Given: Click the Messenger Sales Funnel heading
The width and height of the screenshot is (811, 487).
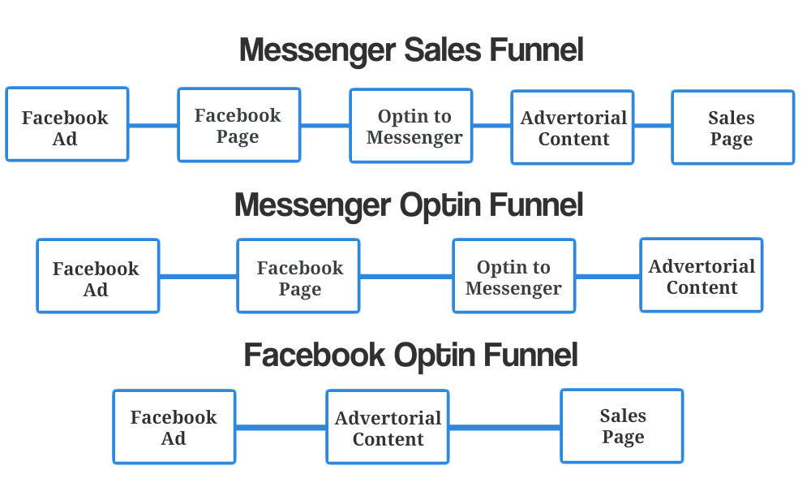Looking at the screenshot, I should (411, 50).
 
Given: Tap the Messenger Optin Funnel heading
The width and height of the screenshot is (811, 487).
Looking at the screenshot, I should (409, 205).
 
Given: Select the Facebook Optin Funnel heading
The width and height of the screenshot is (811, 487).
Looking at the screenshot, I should (411, 355).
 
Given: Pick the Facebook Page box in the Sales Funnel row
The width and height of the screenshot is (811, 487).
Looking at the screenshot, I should (238, 125).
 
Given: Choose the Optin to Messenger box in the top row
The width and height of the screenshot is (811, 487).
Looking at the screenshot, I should (411, 126).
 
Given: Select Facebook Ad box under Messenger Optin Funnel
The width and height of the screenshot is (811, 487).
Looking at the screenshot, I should (97, 277).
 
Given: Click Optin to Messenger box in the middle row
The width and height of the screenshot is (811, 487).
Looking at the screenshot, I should (513, 276).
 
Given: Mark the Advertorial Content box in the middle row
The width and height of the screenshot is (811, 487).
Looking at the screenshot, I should (702, 275).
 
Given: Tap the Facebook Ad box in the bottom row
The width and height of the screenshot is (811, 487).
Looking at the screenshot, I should (174, 427).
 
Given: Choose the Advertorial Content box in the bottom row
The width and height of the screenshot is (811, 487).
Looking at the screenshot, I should (388, 427).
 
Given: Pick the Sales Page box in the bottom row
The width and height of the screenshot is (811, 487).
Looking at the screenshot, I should (622, 426).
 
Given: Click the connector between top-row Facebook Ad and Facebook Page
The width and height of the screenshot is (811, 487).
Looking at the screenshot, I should (153, 126).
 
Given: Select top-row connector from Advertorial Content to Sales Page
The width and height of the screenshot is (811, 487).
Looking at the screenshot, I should (653, 126).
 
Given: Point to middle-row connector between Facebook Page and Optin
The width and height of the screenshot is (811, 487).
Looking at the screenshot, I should (405, 277).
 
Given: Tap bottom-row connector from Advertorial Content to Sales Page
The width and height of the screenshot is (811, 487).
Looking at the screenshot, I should (504, 427).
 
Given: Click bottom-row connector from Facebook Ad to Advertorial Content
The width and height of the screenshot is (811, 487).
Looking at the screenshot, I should (281, 427).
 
